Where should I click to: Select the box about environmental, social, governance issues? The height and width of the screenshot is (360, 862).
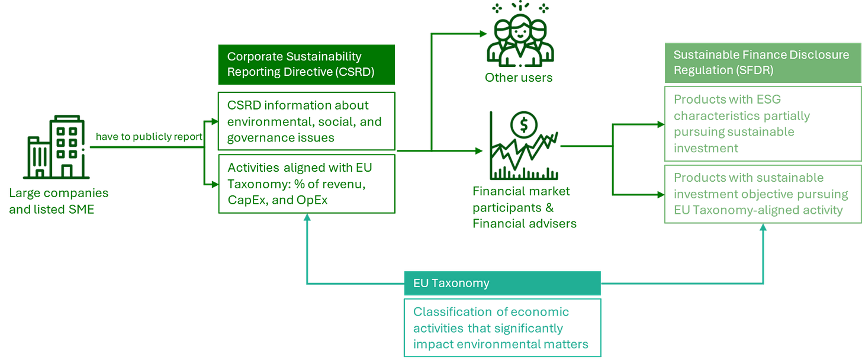click(x=305, y=121)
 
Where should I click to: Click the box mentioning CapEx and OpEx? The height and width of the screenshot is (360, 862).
click(x=305, y=184)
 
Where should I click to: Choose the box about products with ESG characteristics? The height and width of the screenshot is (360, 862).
click(x=761, y=124)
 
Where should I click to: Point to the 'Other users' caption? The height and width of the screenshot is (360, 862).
click(x=519, y=78)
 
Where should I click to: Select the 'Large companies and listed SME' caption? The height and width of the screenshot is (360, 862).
click(x=59, y=201)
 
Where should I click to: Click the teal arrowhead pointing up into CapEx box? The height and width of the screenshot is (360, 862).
click(x=307, y=218)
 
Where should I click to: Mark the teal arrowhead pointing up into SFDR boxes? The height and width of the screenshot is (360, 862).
click(x=763, y=227)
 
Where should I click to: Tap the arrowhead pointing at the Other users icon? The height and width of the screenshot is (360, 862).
click(x=483, y=34)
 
